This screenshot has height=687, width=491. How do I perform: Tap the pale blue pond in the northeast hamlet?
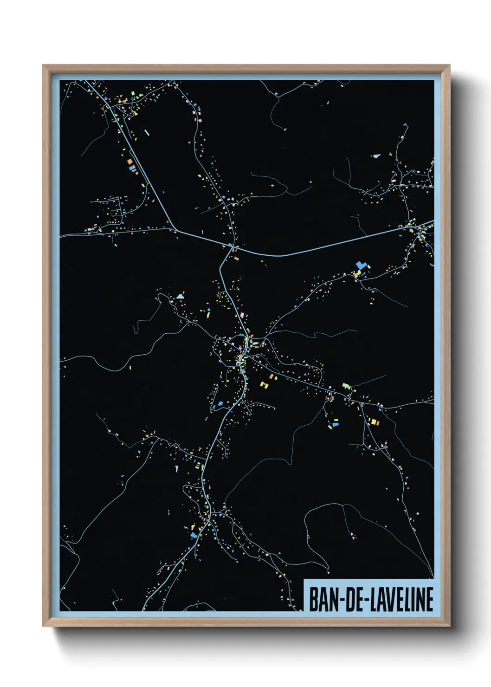pos(376,156)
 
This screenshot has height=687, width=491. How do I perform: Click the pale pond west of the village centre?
pos(180,295)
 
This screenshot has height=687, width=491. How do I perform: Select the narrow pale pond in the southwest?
pos(177,469)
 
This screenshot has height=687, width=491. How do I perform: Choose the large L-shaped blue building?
pos(361,266)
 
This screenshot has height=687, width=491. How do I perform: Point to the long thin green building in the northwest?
pos(147,133)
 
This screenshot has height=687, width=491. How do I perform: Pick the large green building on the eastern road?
pos(346,385)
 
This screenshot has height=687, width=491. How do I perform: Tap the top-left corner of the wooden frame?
pos(44,66)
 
